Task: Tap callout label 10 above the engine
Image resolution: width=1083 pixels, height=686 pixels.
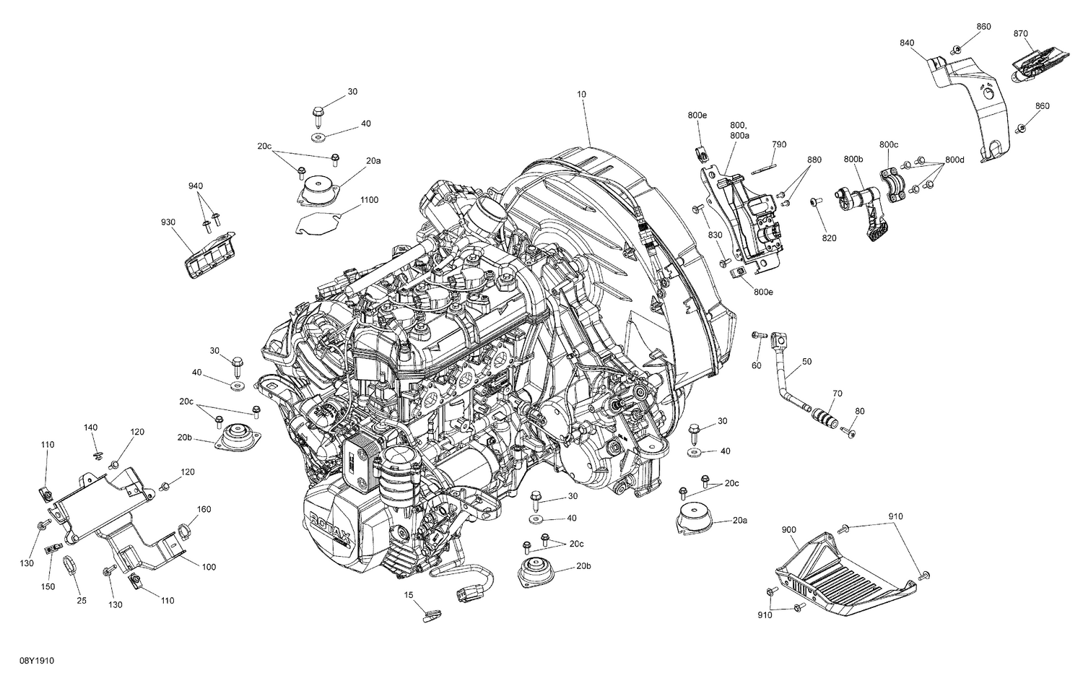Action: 581,94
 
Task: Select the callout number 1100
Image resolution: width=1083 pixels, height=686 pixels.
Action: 368,199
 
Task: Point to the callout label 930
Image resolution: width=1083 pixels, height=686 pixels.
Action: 169,223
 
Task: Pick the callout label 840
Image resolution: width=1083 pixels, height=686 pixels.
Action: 907,43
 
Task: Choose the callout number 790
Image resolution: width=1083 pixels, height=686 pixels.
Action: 778,144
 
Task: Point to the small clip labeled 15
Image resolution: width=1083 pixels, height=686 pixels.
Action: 431,616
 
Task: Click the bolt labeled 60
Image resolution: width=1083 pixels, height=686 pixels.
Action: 758,335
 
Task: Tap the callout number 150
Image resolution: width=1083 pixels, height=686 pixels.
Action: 48,587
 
